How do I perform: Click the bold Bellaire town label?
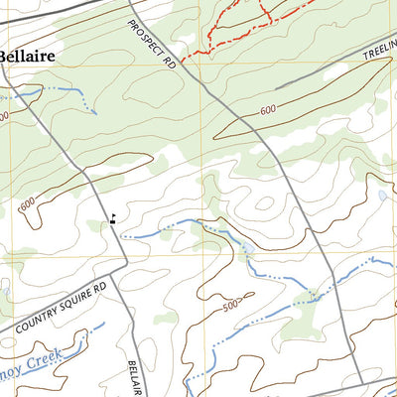[x=27, y=58]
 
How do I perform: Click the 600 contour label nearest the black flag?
[x=26, y=203]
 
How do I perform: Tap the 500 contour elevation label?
[x=231, y=305]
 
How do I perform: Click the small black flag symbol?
[x=112, y=220]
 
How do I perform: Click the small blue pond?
[x=382, y=197]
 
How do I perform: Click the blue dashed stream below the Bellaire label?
[x=60, y=90]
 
